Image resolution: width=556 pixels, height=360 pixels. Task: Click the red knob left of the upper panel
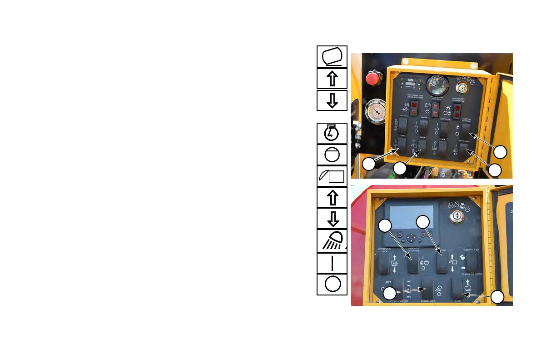[x=373, y=77]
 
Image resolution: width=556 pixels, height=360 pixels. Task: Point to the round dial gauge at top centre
[x=437, y=85]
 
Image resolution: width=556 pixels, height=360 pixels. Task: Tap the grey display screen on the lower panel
[x=409, y=216]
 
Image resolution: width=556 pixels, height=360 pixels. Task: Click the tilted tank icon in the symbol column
[x=332, y=56]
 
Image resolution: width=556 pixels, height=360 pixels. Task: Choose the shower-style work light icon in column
[x=332, y=241]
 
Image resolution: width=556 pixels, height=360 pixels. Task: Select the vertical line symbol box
[x=332, y=263]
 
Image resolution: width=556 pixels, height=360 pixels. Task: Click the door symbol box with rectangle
[x=332, y=177]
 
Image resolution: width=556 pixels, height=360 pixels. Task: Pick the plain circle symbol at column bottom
[x=332, y=285]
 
